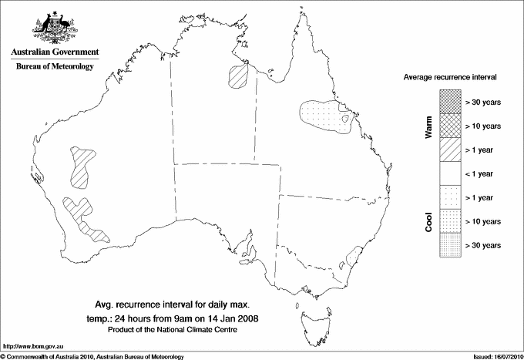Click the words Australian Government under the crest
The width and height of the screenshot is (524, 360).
coord(54,52)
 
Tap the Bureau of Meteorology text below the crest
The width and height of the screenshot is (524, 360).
coord(54,66)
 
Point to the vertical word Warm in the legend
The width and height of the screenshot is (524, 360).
coord(429,125)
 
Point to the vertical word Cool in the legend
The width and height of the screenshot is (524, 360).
coord(429,221)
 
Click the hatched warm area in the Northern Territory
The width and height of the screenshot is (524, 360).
coord(238,76)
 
